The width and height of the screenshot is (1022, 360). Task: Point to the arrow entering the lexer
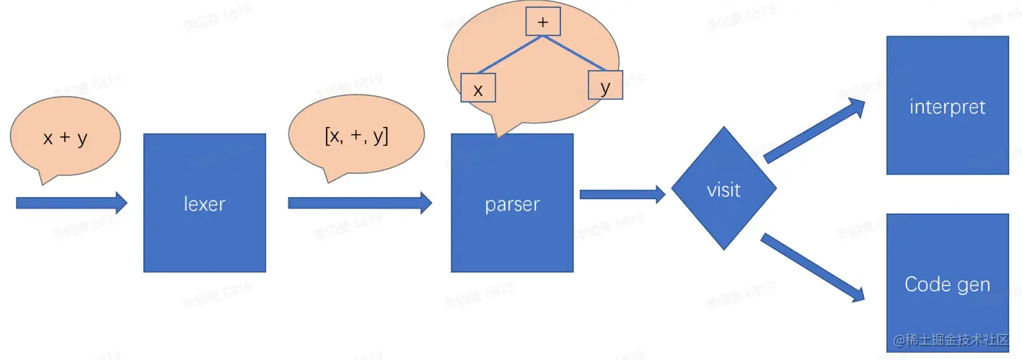71,203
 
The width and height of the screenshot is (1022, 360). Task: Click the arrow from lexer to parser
359,203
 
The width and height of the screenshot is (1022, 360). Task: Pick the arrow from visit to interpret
814,131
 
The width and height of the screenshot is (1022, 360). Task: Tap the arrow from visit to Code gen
812,267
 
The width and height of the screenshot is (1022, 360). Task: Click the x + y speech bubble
65,139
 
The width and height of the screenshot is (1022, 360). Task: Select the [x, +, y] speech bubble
356,137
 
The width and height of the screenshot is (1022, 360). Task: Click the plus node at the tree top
543,22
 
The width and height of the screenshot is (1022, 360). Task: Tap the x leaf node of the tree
477,89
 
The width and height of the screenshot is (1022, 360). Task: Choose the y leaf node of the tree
605,86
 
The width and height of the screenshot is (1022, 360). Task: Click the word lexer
205,204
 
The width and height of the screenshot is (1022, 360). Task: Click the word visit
723,190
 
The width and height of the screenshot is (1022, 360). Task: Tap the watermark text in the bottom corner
952,340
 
